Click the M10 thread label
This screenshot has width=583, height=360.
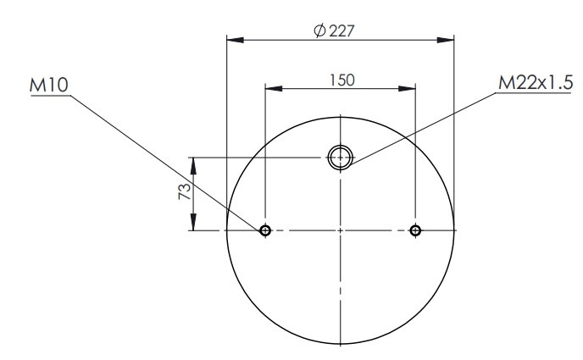48,85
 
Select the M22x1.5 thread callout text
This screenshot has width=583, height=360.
536,82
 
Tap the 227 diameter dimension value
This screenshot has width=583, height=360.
341,30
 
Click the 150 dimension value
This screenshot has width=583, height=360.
342,80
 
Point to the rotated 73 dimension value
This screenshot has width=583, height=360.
185,191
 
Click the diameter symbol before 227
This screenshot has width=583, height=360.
319,30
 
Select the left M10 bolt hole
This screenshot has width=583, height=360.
265,230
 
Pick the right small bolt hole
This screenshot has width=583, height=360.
415,230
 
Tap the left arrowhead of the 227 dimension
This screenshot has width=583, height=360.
236,40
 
